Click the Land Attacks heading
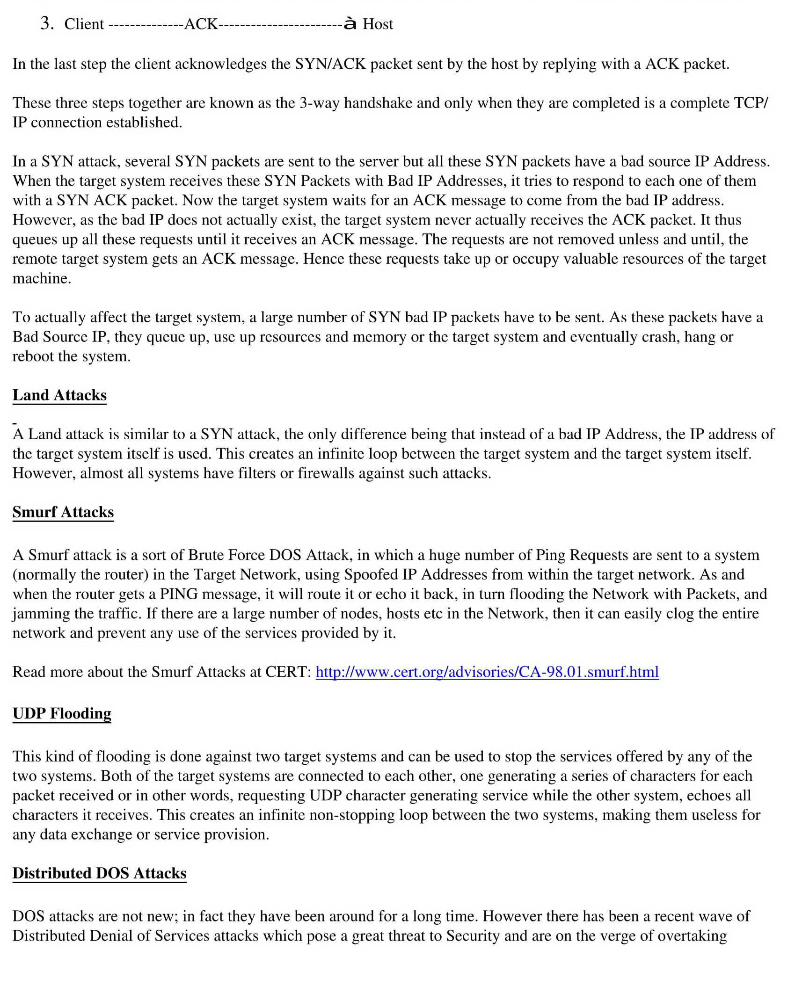(x=59, y=395)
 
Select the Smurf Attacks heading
(x=63, y=512)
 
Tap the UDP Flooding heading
(x=62, y=713)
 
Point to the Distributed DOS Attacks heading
(x=99, y=873)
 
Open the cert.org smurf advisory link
(x=487, y=672)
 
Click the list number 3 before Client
(x=46, y=23)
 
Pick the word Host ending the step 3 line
(x=378, y=24)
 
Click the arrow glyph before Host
(x=350, y=23)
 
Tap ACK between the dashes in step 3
(x=201, y=24)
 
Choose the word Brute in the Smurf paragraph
(x=205, y=555)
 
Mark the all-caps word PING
(x=179, y=594)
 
